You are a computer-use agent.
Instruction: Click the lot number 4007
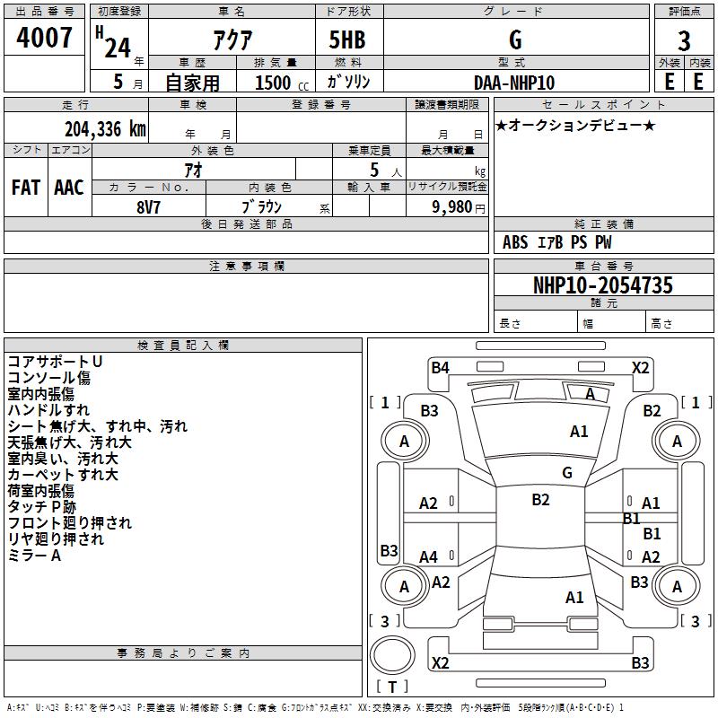coord(44,37)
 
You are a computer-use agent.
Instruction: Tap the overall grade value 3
coord(684,40)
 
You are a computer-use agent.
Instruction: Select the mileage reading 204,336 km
coord(105,129)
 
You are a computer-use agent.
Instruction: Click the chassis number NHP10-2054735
coord(603,285)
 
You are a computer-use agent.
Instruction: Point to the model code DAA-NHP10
coord(514,83)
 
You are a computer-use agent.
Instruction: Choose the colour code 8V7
coord(148,207)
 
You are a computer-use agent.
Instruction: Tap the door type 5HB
coord(347,39)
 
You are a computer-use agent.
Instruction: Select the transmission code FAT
coord(26,188)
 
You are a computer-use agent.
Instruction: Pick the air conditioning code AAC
coord(69,188)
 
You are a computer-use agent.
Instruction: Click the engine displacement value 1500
coord(273,83)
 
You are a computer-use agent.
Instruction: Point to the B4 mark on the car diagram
coord(440,367)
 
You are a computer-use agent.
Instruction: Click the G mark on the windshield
coord(567,472)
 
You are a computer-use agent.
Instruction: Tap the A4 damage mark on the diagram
coord(429,556)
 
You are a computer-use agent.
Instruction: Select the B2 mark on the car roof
coord(540,499)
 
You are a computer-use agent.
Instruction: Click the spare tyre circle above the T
coord(392,655)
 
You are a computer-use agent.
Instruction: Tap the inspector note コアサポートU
coord(55,362)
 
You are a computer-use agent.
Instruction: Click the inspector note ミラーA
coord(34,555)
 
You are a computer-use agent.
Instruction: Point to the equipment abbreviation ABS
coord(515,242)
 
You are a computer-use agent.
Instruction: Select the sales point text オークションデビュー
coord(575,125)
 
